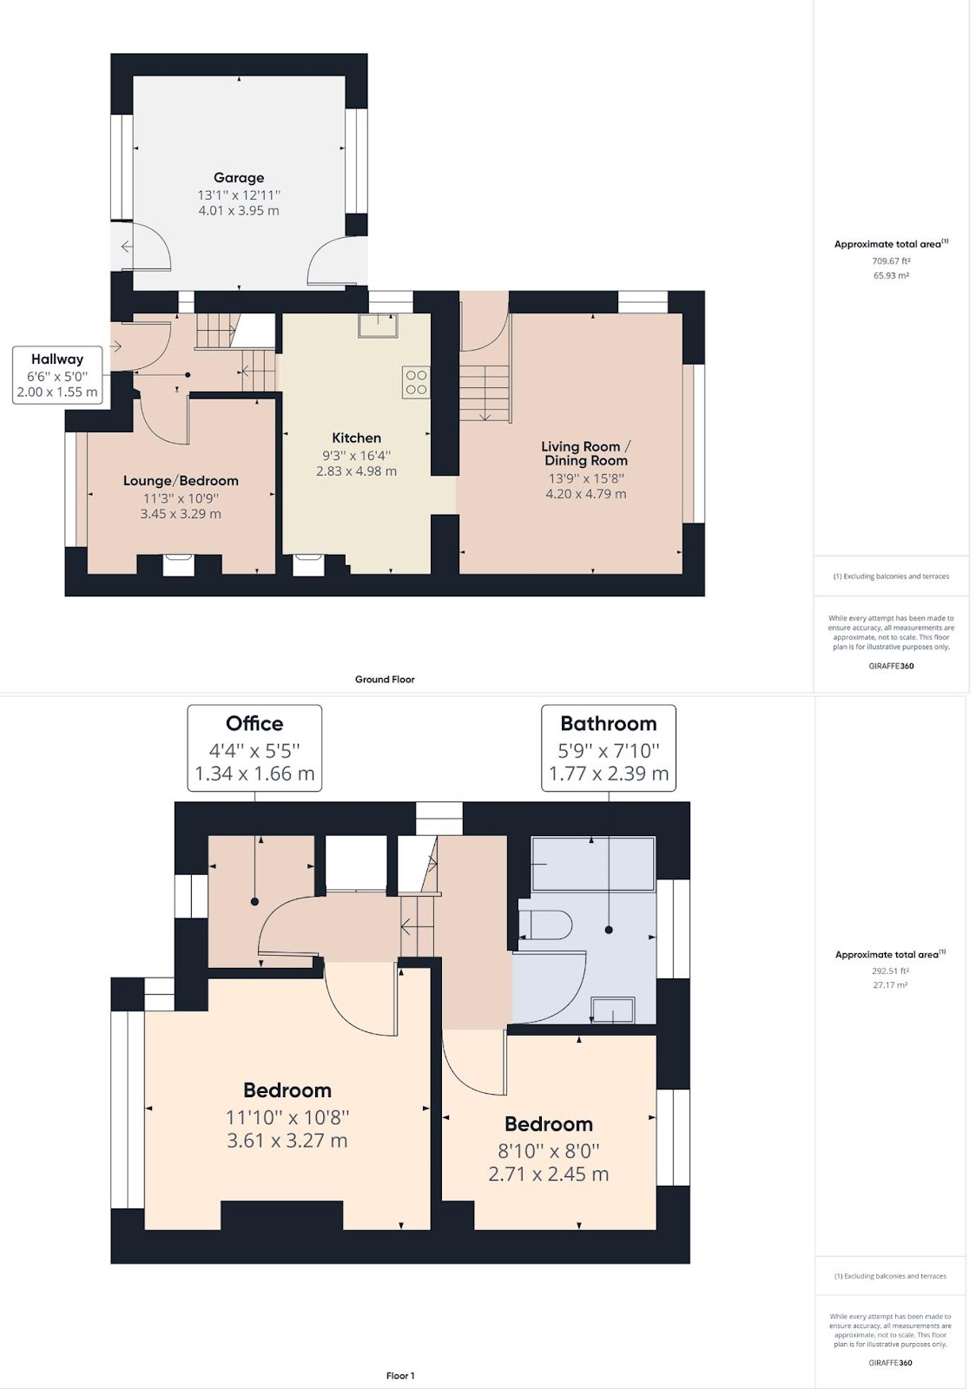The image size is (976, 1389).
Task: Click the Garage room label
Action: tap(239, 178)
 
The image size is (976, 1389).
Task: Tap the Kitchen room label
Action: tap(356, 438)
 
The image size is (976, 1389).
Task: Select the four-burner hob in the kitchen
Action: tap(416, 382)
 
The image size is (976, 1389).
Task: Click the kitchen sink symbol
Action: tap(378, 326)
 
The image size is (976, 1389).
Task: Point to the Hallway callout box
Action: tap(57, 375)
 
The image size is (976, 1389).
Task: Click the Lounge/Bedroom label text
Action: tap(181, 481)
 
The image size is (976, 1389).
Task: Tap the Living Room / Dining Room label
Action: tap(585, 453)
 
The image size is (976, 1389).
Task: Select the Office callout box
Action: tap(254, 747)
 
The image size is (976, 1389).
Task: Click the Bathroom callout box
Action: tap(609, 747)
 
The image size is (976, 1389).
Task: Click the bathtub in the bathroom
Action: tap(593, 865)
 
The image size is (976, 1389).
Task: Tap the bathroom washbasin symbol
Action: tap(613, 1010)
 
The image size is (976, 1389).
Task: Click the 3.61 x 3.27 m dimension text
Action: tap(287, 1141)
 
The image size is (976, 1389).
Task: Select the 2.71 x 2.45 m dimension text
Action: tap(548, 1174)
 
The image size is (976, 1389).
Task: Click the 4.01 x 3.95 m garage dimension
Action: tap(239, 210)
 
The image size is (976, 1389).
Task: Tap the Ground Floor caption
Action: tap(385, 679)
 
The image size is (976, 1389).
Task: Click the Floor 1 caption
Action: tap(400, 1375)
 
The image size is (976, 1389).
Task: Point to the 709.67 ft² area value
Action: tap(891, 261)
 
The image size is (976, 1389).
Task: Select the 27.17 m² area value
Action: tap(890, 984)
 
